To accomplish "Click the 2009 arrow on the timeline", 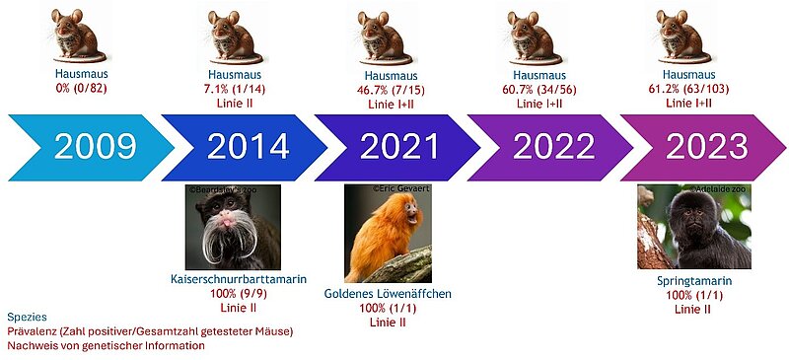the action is click(x=91, y=148).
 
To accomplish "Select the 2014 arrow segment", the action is click(x=244, y=148).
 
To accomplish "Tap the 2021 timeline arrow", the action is click(x=397, y=148).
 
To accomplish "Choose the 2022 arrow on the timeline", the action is click(x=550, y=148).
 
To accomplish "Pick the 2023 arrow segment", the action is click(x=703, y=148).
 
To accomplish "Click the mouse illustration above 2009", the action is click(x=77, y=35).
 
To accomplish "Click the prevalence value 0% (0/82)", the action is click(x=82, y=88).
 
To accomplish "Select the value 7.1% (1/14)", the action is click(x=236, y=90).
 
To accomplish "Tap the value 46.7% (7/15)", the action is click(x=391, y=91).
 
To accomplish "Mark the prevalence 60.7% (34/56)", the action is click(x=539, y=90).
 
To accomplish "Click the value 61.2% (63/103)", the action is click(x=688, y=89).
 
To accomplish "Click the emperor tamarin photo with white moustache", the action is click(x=233, y=227).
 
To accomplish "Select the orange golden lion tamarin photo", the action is click(x=388, y=233).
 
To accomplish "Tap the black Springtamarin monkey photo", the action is click(x=694, y=227).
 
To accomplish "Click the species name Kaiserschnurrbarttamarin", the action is click(x=239, y=279).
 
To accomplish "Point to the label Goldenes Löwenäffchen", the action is click(x=388, y=294).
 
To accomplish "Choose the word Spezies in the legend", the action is click(x=28, y=318).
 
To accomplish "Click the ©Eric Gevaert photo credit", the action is click(x=401, y=188).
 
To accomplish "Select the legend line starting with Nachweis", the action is click(x=106, y=346).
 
